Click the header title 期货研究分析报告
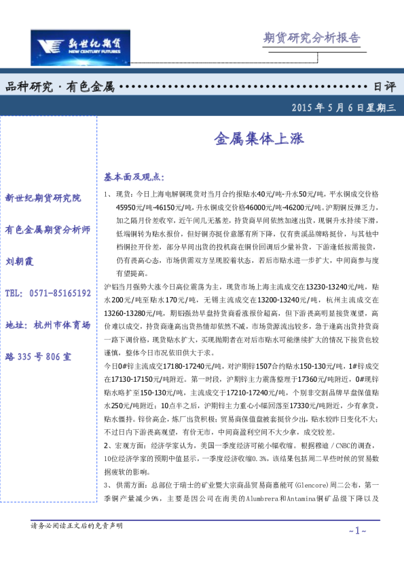tap(311, 37)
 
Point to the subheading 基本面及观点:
tap(134, 177)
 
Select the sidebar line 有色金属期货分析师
tap(48, 230)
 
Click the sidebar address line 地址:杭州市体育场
tap(48, 325)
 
